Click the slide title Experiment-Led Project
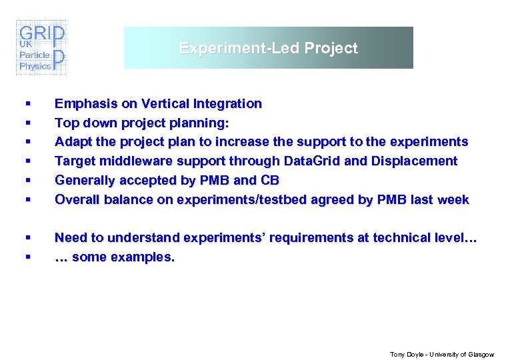tap(268, 48)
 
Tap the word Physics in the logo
tap(35, 66)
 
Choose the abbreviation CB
tap(271, 180)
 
